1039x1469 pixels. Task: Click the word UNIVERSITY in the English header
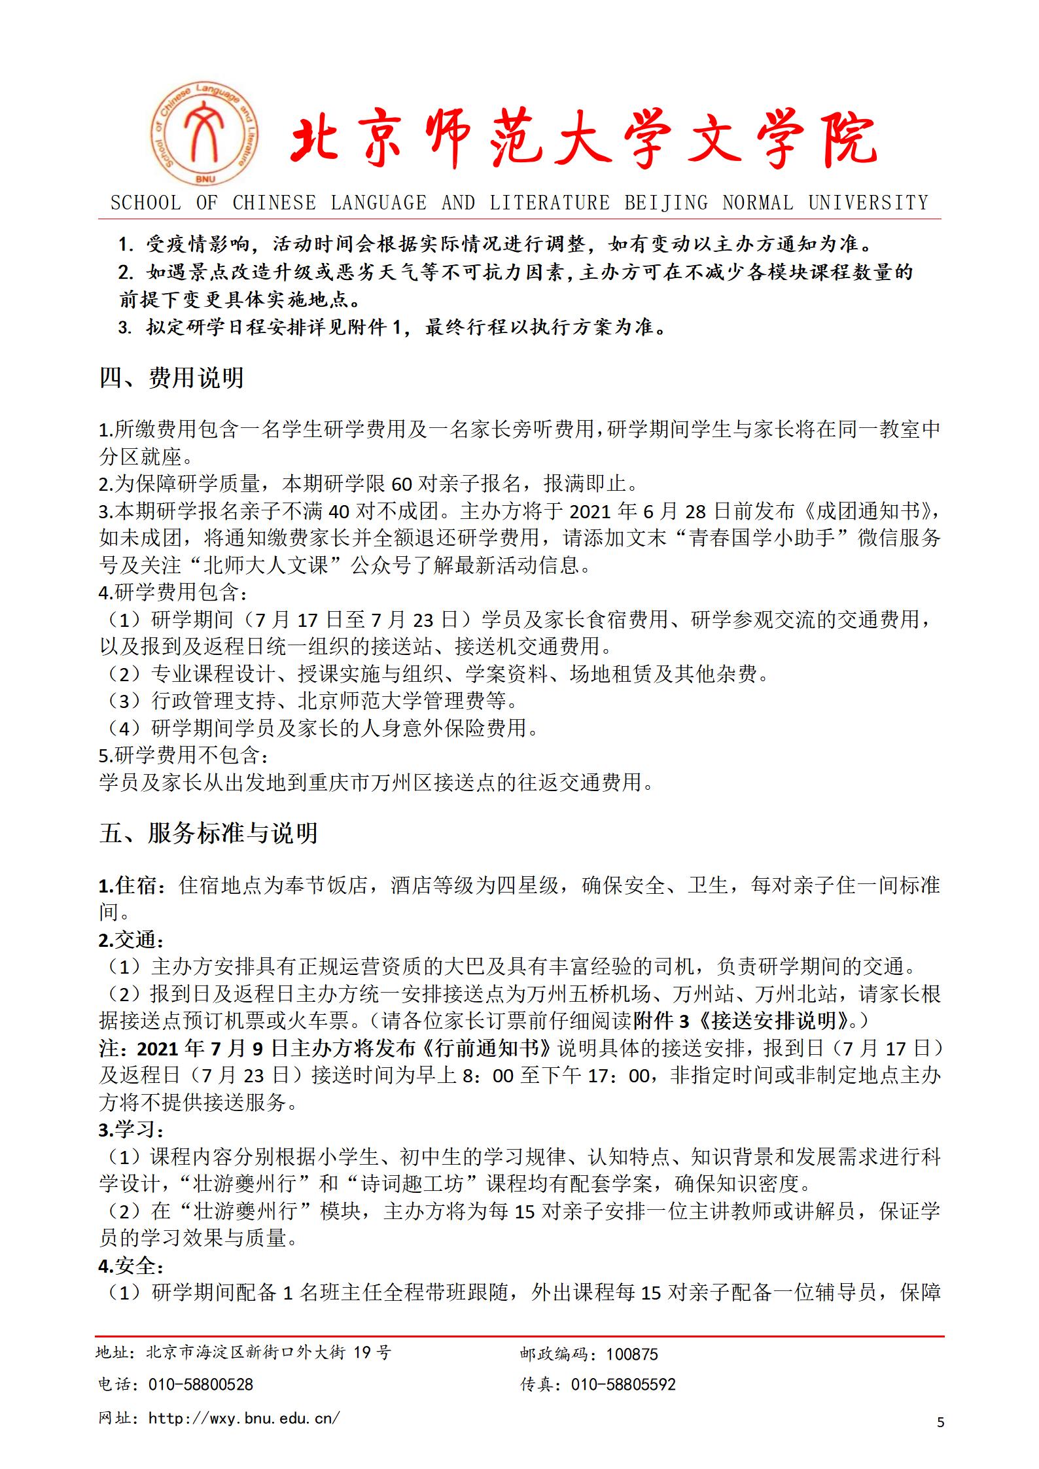point(868,203)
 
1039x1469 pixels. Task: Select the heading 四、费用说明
point(171,378)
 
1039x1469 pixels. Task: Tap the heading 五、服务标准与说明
point(209,833)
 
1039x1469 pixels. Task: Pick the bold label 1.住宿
point(128,885)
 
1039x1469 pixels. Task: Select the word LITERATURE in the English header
point(550,203)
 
